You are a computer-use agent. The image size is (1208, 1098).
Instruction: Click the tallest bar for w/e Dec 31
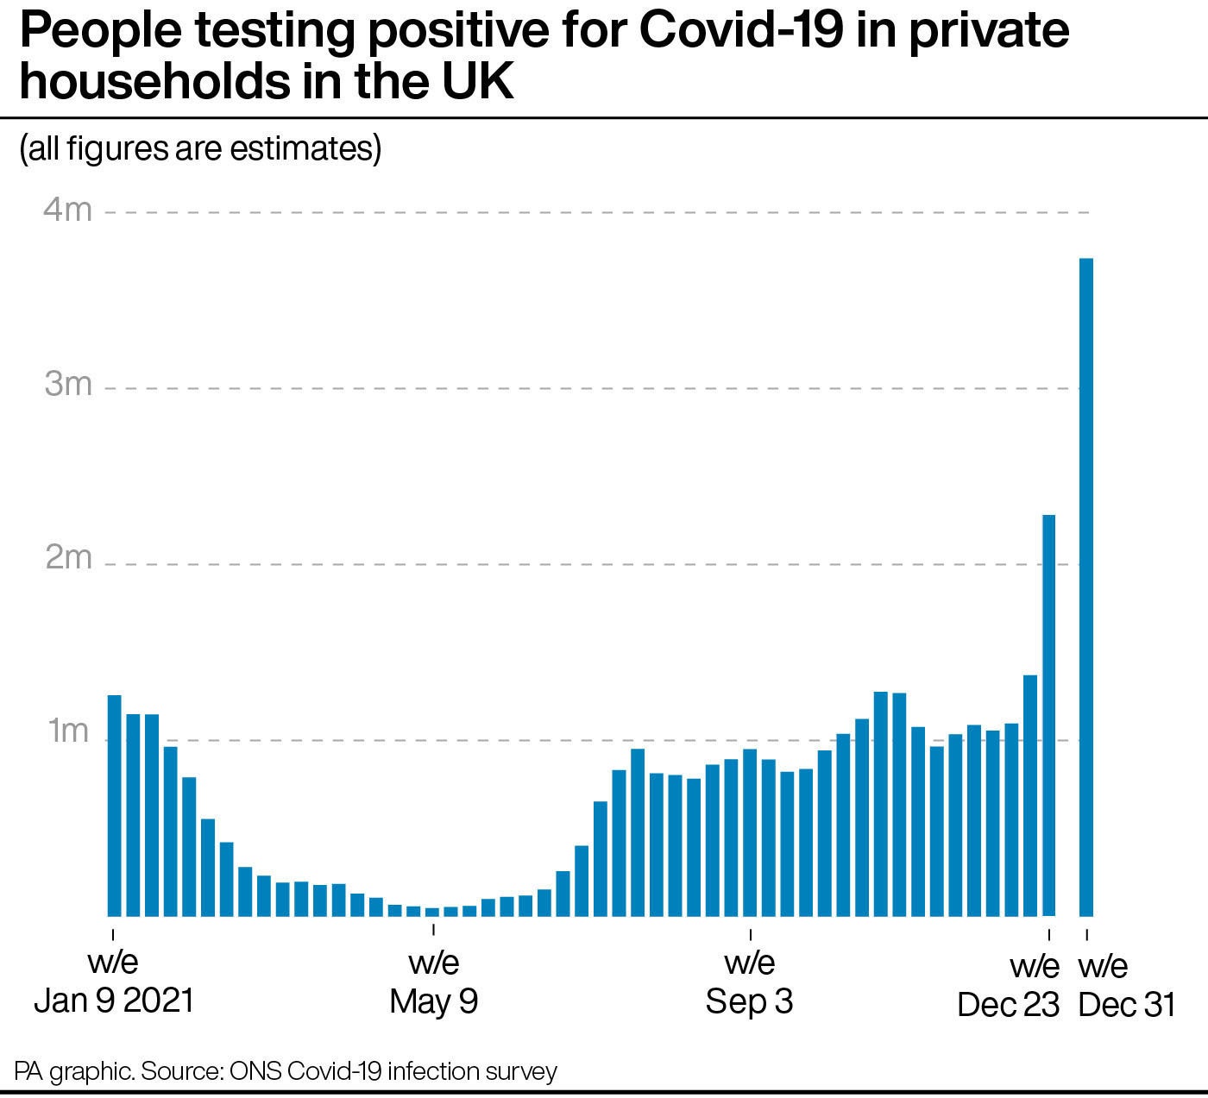(x=1086, y=587)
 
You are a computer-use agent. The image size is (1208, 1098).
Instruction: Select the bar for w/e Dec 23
(x=1048, y=716)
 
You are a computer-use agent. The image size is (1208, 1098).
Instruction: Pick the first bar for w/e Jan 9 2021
(x=114, y=806)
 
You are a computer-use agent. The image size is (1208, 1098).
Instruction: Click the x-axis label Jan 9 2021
(x=114, y=1001)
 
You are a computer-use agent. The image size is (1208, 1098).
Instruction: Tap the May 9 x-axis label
(x=433, y=1001)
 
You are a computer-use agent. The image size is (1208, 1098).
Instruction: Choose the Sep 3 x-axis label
(x=749, y=1001)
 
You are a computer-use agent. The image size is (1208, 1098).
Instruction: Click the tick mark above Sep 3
(x=750, y=933)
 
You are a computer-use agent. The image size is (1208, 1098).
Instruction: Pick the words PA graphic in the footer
(x=74, y=1072)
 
